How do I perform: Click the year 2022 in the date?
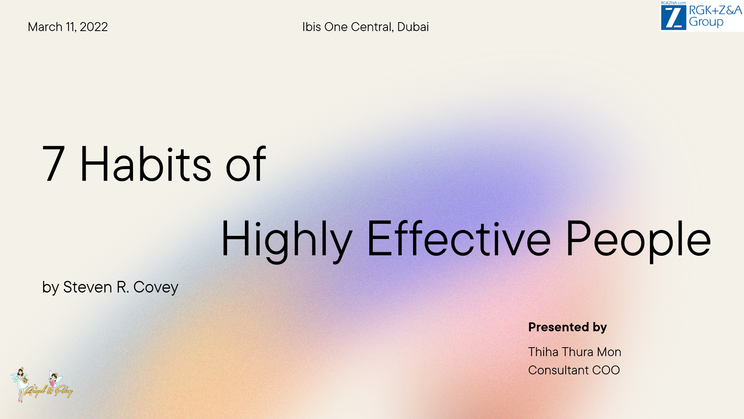[x=93, y=27]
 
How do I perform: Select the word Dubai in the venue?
[x=413, y=27]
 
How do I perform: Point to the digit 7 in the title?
[x=53, y=163]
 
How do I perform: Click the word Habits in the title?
[x=145, y=163]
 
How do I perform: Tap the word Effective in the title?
[x=459, y=239]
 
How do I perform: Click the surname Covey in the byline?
[x=156, y=287]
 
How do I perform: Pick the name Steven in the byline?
[x=88, y=287]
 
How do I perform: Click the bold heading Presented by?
[x=567, y=327]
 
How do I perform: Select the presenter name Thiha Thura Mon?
[x=575, y=352]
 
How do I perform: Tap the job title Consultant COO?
[x=574, y=370]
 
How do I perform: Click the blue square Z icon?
[x=673, y=17]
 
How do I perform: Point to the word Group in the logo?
[x=706, y=22]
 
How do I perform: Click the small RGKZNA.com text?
[x=673, y=3]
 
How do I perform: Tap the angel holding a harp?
[x=20, y=384]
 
